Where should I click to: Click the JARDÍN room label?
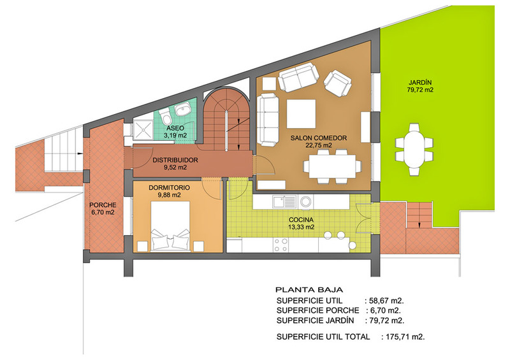[420, 83]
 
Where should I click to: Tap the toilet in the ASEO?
[166, 115]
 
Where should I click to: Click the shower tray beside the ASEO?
[143, 131]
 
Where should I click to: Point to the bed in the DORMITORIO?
[171, 226]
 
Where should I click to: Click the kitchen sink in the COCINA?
[284, 201]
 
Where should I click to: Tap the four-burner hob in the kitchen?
[280, 245]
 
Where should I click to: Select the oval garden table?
[414, 149]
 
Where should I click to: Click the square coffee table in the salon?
[301, 113]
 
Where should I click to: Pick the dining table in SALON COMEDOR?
[332, 166]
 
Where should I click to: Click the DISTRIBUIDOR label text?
[175, 160]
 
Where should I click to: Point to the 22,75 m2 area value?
[318, 145]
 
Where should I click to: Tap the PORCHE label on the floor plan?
[103, 205]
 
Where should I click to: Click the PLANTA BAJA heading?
[309, 290]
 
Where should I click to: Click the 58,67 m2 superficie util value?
[386, 301]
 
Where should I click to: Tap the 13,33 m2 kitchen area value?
[301, 227]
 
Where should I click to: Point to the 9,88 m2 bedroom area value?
[169, 195]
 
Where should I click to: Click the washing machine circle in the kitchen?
[305, 201]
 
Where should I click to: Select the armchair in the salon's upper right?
[338, 83]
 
